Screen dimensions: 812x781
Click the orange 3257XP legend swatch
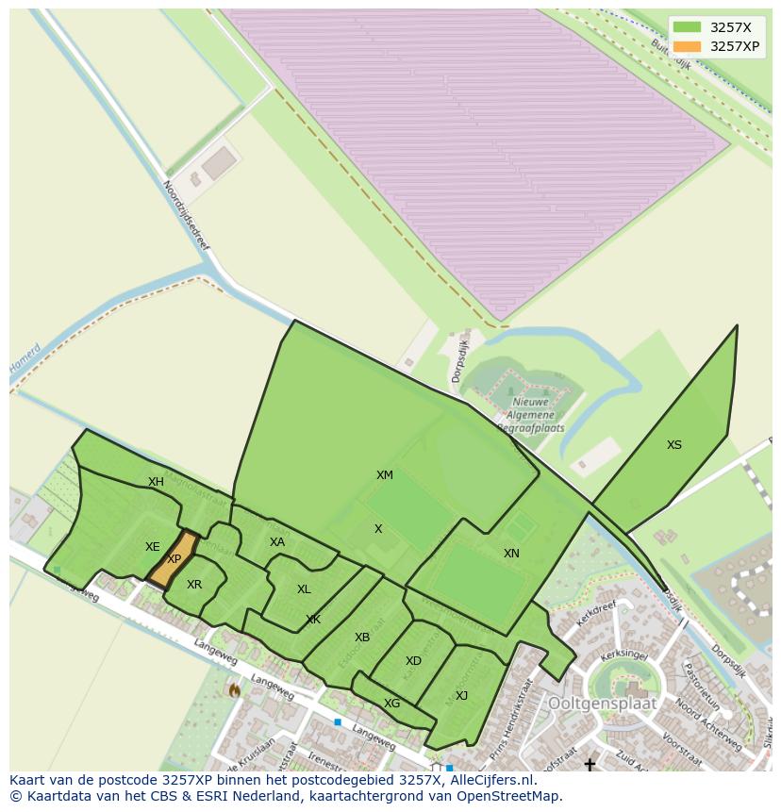pyautogui.click(x=688, y=46)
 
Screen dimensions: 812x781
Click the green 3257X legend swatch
pyautogui.click(x=688, y=27)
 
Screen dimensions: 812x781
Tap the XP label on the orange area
pyautogui.click(x=174, y=559)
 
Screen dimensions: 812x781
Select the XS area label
pyautogui.click(x=673, y=445)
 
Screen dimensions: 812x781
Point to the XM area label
pyautogui.click(x=385, y=475)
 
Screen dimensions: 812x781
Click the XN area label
pyautogui.click(x=511, y=554)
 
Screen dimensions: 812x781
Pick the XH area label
pyautogui.click(x=156, y=482)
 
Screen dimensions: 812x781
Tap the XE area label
pyautogui.click(x=152, y=547)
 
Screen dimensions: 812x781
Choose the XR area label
pyautogui.click(x=194, y=585)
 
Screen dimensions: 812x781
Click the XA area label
pyautogui.click(x=276, y=542)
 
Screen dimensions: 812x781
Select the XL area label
pyautogui.click(x=304, y=589)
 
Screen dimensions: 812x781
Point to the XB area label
pyautogui.click(x=362, y=638)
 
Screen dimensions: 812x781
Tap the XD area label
pyautogui.click(x=413, y=661)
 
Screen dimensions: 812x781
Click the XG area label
pyautogui.click(x=391, y=704)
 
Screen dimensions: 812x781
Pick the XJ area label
pyautogui.click(x=461, y=696)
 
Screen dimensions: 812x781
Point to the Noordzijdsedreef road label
pyautogui.click(x=186, y=216)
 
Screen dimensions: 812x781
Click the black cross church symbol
pyautogui.click(x=590, y=764)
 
